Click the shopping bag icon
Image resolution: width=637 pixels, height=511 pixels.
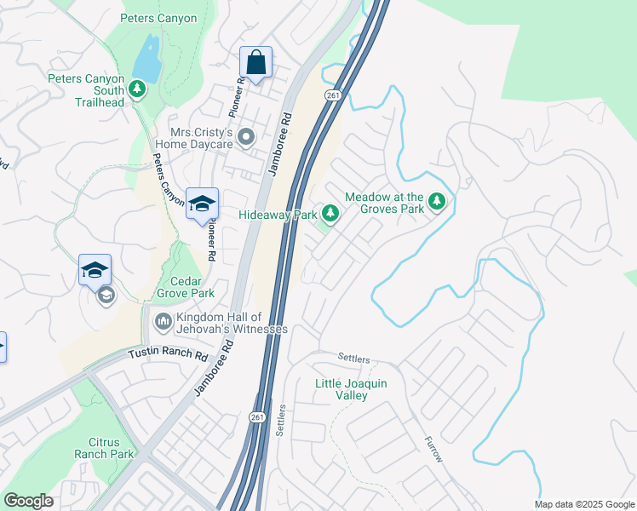coord(255,62)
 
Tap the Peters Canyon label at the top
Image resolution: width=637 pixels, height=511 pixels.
coord(158,18)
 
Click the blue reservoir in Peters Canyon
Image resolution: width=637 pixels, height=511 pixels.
coord(149,58)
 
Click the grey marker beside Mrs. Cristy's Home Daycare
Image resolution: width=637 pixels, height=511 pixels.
coord(247,136)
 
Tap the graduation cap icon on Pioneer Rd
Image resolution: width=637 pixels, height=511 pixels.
coord(203,204)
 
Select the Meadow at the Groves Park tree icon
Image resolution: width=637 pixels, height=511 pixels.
coord(438,202)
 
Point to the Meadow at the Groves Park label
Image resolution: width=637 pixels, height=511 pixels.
coord(384,203)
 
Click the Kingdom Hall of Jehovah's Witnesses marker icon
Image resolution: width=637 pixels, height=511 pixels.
coord(163,322)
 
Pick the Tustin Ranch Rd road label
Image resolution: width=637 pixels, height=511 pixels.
coord(168,354)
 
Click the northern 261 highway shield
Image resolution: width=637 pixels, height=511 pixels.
coord(332,95)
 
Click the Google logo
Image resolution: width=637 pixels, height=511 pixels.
coord(28,501)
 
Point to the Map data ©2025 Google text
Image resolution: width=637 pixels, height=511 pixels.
coord(583,504)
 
